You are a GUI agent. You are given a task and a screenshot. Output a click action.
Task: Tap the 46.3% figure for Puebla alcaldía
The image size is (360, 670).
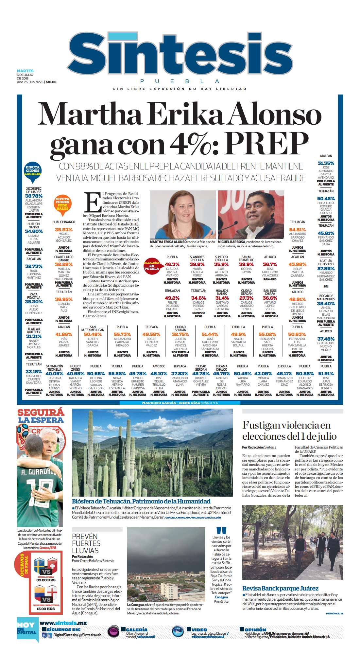click(x=172, y=264)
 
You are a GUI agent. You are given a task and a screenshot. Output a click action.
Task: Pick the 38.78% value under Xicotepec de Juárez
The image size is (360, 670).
click(x=34, y=196)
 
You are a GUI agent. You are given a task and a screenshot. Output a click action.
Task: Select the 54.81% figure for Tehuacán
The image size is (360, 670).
click(x=297, y=230)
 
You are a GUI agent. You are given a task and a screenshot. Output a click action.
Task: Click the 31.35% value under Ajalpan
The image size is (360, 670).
click(x=326, y=163)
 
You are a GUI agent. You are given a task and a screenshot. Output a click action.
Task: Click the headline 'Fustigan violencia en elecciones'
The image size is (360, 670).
click(x=289, y=431)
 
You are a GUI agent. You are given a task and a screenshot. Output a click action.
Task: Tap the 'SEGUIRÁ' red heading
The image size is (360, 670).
click(x=41, y=413)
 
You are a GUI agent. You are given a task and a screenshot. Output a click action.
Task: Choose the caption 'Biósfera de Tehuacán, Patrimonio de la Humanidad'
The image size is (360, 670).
click(x=141, y=501)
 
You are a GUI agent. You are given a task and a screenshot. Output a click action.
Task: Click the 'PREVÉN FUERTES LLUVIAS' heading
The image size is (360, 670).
click(x=86, y=543)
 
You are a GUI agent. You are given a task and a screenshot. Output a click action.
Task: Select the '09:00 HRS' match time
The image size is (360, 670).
click(x=46, y=580)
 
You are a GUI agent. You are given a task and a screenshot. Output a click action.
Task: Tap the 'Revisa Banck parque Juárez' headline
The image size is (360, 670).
click(x=280, y=588)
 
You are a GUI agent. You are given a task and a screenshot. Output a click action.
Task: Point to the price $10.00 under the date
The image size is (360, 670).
click(x=51, y=82)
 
